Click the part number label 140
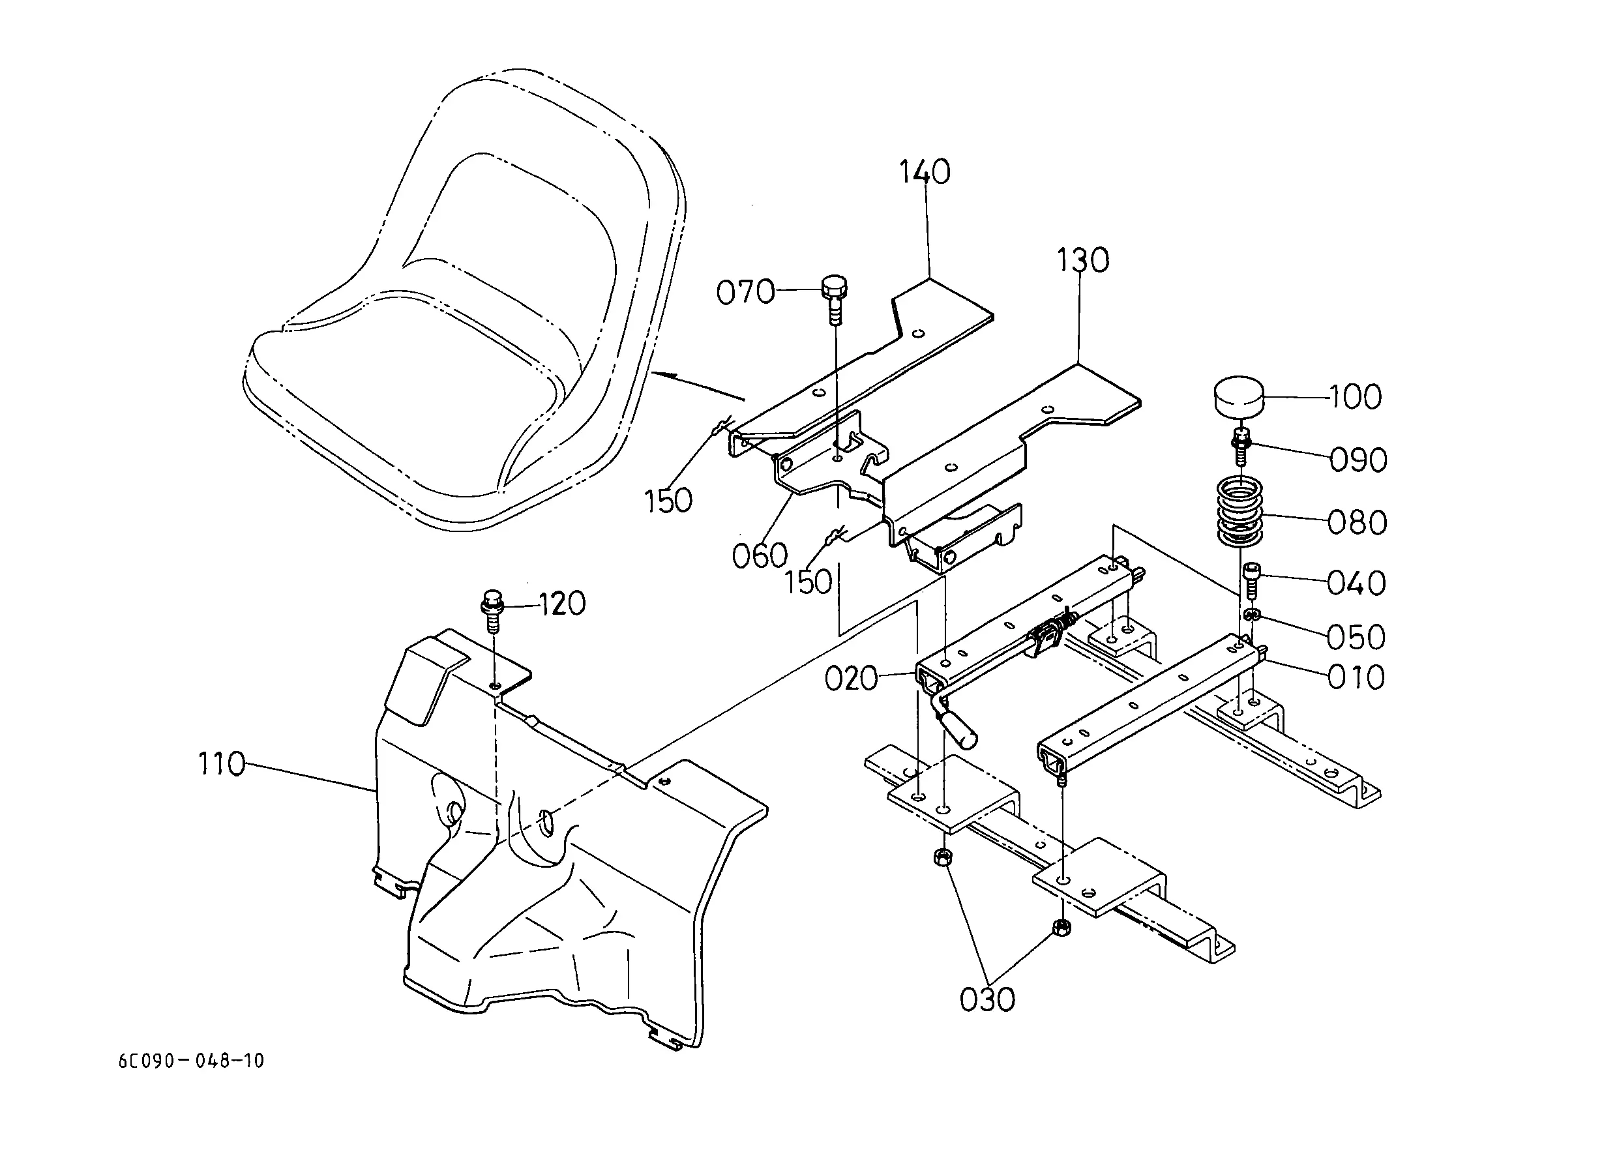coord(925,172)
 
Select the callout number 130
coord(1083,261)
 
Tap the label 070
coord(746,293)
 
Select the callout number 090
coord(1357,460)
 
